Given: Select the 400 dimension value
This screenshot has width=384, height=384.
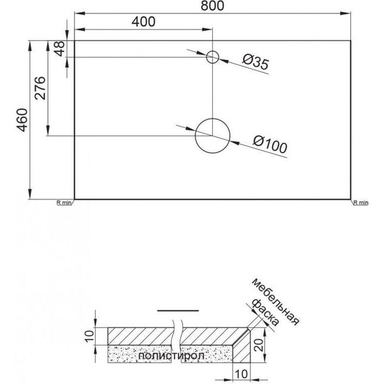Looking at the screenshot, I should (143, 21).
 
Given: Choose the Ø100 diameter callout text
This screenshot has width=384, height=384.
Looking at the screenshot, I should (271, 143).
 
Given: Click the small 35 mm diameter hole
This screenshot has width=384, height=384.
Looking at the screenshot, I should (213, 57).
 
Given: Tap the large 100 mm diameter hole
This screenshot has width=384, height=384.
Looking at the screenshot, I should (212, 135).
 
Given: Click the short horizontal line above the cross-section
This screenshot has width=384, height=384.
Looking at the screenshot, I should (178, 310).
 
